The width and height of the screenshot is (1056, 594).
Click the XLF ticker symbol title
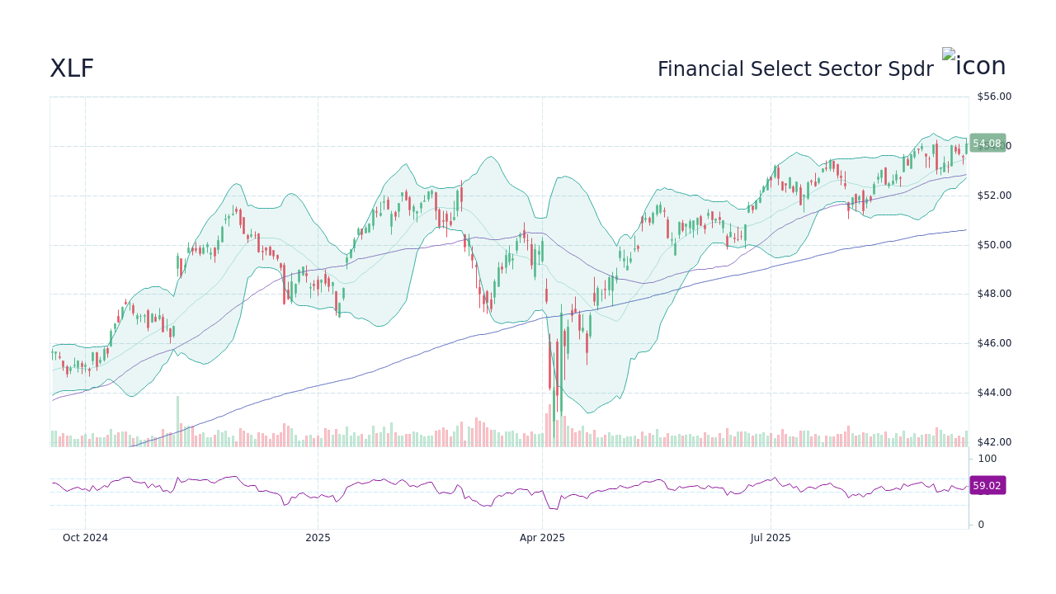72,68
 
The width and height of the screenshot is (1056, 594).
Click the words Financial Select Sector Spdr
795,69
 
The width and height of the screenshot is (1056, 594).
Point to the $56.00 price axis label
993,97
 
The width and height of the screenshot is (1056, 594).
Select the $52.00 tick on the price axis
993,196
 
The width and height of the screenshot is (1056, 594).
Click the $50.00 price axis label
993,245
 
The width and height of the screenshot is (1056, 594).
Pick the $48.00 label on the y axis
993,294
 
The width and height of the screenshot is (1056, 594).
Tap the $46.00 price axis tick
993,343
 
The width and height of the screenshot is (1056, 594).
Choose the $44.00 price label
993,393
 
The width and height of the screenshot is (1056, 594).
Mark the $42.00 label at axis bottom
993,442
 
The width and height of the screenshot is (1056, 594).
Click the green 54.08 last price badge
987,144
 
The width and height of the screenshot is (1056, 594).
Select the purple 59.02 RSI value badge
987,486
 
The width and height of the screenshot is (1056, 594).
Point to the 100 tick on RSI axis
988,459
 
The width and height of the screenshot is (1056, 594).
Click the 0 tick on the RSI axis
981,525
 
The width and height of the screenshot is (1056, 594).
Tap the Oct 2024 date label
85,538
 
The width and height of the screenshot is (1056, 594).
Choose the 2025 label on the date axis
318,538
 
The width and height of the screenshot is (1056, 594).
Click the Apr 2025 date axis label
542,538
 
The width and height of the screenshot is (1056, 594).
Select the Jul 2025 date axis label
771,538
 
